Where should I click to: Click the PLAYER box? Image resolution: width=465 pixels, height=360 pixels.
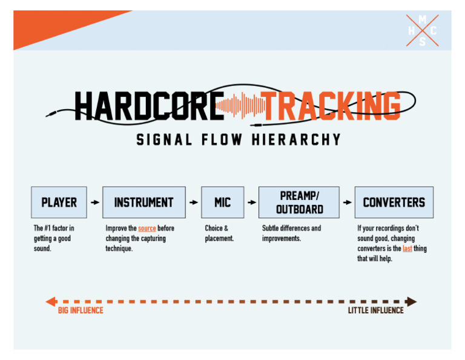(59, 202)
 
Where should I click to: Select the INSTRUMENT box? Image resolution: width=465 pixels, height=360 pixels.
(144, 202)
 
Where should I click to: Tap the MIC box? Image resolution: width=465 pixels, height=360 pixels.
(222, 202)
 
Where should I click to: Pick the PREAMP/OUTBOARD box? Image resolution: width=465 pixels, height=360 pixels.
(299, 202)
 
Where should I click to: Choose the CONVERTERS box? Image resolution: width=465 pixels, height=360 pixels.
(394, 202)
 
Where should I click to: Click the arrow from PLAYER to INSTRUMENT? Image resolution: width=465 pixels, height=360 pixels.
(95, 202)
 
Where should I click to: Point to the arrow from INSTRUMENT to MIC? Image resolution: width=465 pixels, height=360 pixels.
(194, 202)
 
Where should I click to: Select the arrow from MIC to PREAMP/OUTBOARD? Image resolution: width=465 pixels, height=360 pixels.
(252, 202)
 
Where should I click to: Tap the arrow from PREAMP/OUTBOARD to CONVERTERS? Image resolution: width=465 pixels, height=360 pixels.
(347, 202)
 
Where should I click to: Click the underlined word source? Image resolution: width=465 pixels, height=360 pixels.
(147, 228)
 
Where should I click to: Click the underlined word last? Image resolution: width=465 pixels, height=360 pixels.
(407, 248)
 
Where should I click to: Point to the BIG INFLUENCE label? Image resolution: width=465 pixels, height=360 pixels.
(81, 310)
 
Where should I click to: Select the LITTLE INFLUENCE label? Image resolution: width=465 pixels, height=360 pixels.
(375, 310)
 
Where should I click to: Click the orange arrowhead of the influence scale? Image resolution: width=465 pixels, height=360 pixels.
(50, 301)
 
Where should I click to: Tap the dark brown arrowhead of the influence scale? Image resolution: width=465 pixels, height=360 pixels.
(412, 301)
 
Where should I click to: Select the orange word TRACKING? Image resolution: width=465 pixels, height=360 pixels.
(332, 107)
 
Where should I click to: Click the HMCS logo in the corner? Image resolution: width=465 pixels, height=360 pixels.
(422, 30)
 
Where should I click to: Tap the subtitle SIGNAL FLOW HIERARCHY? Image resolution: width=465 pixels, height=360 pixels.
(239, 140)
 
